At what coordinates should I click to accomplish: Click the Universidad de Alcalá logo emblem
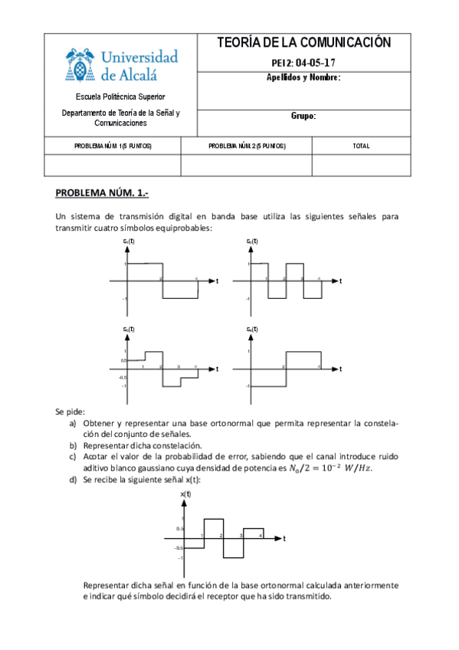click(78, 65)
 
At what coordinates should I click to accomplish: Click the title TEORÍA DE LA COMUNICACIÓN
click(304, 42)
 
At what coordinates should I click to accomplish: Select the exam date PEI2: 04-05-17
click(304, 63)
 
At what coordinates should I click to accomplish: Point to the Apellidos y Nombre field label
click(303, 77)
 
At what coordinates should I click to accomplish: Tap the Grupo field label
click(303, 117)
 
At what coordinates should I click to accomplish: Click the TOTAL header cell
click(360, 145)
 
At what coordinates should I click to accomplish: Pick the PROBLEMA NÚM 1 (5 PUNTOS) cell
click(113, 145)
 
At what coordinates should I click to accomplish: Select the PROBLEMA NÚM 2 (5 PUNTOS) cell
click(247, 145)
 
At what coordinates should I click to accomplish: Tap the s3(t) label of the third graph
click(129, 329)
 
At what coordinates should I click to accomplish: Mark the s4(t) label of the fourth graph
click(252, 329)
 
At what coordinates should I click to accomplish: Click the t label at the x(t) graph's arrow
click(284, 539)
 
